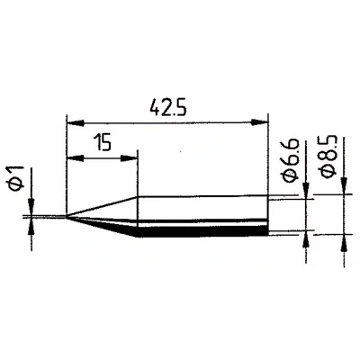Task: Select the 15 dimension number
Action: pyautogui.click(x=103, y=142)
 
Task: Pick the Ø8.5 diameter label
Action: pyautogui.click(x=329, y=157)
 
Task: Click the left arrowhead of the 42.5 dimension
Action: pyautogui.click(x=75, y=122)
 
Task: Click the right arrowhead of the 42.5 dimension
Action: pyautogui.click(x=259, y=122)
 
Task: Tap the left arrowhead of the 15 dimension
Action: pyautogui.click(x=75, y=158)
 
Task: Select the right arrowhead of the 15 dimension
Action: pyautogui.click(x=130, y=158)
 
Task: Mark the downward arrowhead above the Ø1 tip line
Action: pyautogui.click(x=31, y=207)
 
